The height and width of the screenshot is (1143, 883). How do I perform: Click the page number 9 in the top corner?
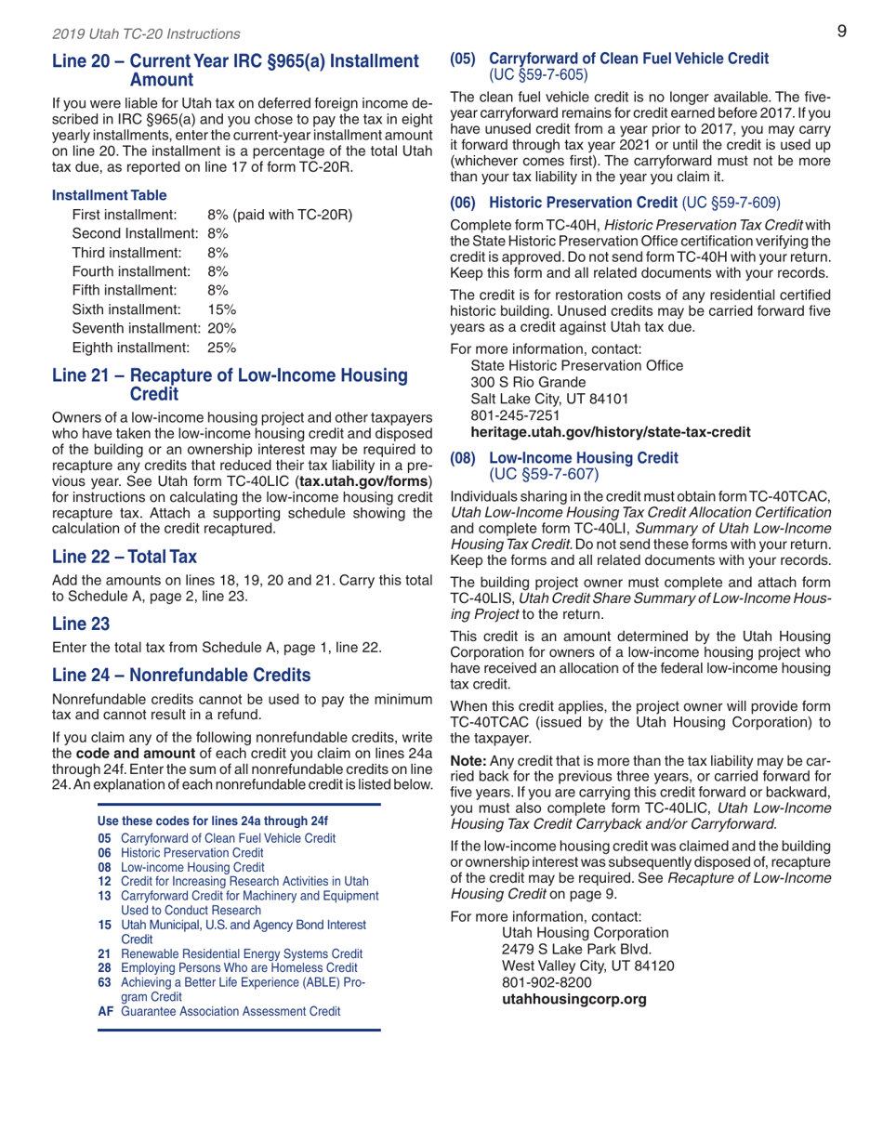click(840, 33)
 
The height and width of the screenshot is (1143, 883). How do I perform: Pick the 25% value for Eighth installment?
click(222, 348)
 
